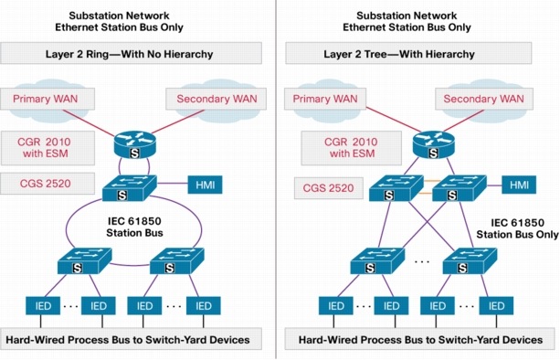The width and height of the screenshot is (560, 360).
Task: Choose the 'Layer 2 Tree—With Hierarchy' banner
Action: (x=419, y=55)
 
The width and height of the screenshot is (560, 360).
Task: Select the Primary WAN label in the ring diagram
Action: (x=50, y=98)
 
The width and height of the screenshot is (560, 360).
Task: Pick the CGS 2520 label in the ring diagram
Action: (x=48, y=185)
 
